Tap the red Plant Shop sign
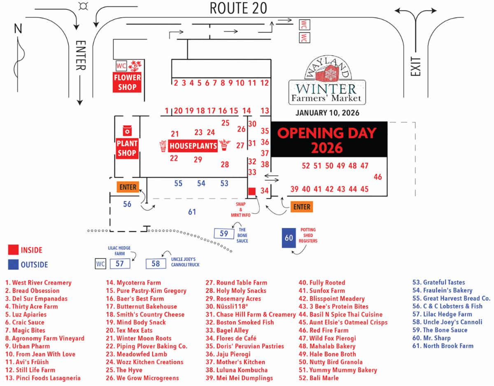coord(126,147)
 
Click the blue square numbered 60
coord(289,238)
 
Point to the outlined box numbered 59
coord(224,234)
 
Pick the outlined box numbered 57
coord(120,264)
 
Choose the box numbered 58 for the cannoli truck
coord(156,264)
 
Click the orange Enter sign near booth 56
coord(128,187)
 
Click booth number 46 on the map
coord(377,177)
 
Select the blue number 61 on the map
coord(192,212)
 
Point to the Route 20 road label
coord(238,7)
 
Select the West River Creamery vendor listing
coord(38,283)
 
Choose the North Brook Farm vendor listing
coord(443,346)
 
